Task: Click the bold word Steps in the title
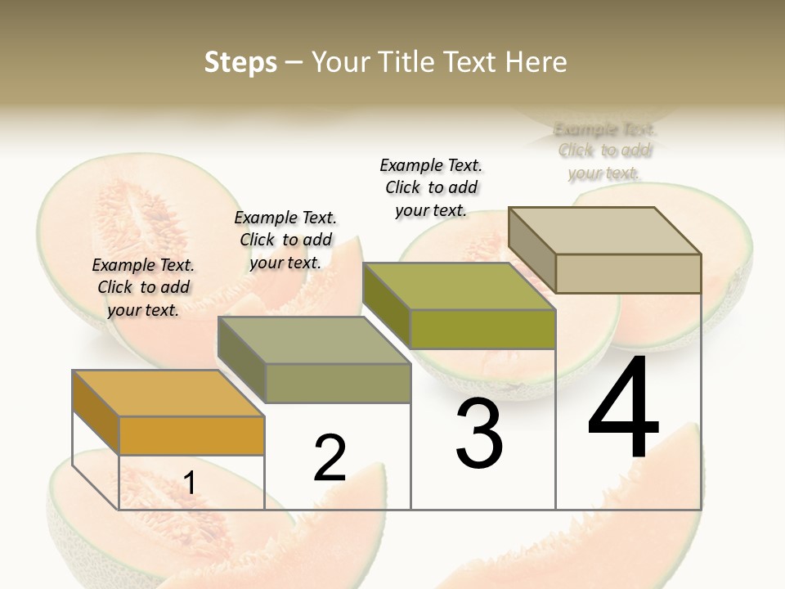coord(240,62)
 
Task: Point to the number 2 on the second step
coord(330,458)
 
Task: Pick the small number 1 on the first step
coord(190,483)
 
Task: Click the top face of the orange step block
coord(168,393)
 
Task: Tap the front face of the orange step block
coord(191,435)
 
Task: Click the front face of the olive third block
coord(482,329)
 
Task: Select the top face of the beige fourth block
coord(604,230)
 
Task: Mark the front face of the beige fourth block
coord(628,273)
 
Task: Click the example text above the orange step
coord(143,287)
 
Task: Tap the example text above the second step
coord(285,240)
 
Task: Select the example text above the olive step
coord(431,187)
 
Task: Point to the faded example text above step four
coord(604,151)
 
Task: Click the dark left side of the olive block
coord(386,304)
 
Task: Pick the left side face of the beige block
coord(532,250)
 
